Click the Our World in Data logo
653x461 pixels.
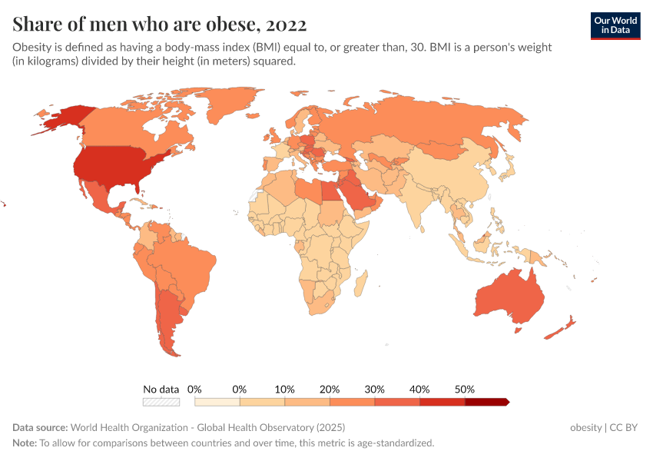pos(615,25)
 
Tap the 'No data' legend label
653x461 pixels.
pos(161,389)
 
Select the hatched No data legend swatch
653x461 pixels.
pos(161,401)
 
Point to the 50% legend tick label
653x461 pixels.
pos(465,389)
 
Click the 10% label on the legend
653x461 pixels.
pos(285,389)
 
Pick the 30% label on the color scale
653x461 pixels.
pos(375,389)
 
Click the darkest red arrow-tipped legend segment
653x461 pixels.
pos(486,401)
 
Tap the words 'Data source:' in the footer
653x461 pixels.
pos(40,427)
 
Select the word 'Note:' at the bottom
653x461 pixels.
pos(25,443)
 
